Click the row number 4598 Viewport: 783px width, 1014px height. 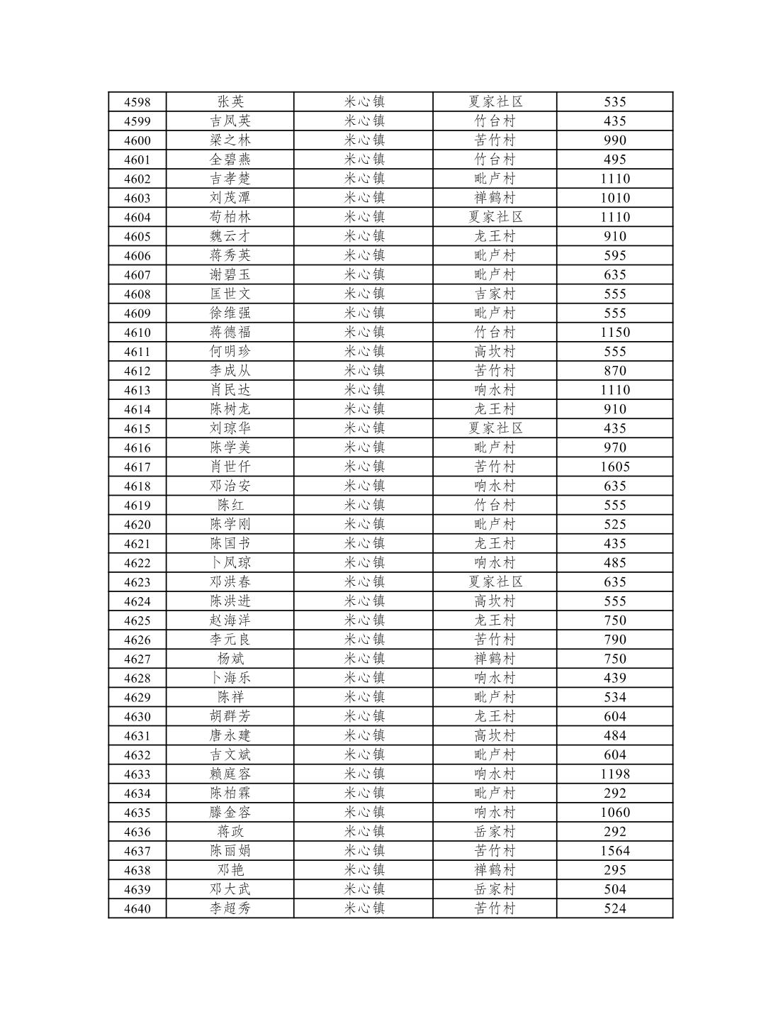pos(137,102)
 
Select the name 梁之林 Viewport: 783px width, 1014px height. pos(230,140)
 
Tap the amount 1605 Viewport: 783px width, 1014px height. pos(614,467)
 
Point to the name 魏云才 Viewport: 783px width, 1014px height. pos(230,236)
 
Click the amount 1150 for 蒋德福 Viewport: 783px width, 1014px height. pos(614,333)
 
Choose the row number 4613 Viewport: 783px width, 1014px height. pos(137,390)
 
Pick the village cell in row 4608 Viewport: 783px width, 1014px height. pos(495,294)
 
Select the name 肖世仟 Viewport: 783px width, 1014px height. pos(230,467)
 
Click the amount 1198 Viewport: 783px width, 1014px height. pos(614,774)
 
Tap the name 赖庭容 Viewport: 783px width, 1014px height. pos(230,774)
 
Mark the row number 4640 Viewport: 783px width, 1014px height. pos(137,909)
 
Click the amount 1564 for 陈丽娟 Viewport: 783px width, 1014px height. pos(614,851)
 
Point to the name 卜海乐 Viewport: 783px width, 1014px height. pos(230,678)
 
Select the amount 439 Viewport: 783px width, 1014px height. pos(614,678)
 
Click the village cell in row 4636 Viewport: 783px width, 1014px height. pos(495,832)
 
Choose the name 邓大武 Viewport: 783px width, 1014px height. pos(230,889)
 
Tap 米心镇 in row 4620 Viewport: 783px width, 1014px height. pos(364,525)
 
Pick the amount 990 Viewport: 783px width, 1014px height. pos(614,140)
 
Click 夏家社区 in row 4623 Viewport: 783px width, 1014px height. pos(495,582)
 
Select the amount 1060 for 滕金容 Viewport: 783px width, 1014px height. pos(614,813)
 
